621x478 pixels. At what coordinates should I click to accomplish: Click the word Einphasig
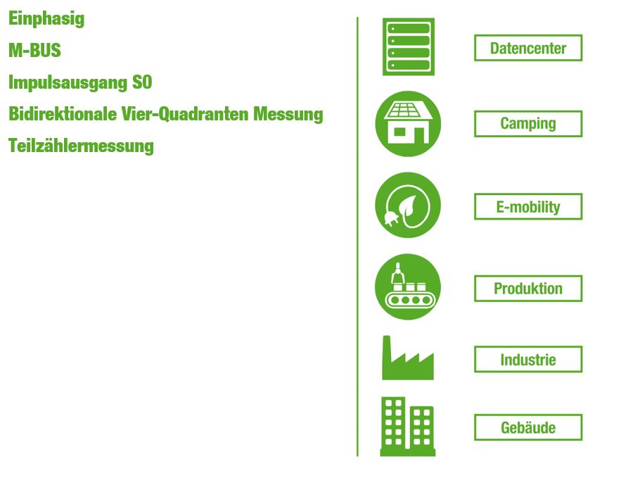point(46,19)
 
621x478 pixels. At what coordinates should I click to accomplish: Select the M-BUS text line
point(35,51)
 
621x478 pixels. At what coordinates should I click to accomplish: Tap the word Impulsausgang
point(68,83)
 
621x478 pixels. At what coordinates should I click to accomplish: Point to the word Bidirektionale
point(63,114)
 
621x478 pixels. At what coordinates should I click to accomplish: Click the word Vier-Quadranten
point(184,114)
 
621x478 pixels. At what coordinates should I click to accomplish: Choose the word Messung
point(288,115)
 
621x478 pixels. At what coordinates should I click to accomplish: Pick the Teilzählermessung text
point(81,146)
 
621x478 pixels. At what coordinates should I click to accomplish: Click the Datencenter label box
point(528,48)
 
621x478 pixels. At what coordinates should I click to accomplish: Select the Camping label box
point(528,124)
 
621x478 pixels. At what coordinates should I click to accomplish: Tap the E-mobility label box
point(528,206)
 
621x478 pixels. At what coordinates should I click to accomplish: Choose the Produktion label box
point(528,289)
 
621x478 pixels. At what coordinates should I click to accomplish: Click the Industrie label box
point(528,360)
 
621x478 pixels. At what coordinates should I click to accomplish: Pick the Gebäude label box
point(528,427)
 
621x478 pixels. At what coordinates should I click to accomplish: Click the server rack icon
point(409,46)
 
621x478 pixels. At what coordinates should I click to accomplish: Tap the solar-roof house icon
point(408,124)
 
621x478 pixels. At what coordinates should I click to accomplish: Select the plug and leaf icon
point(408,205)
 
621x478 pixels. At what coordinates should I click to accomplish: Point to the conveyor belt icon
point(408,287)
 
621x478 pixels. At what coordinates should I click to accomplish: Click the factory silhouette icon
point(408,358)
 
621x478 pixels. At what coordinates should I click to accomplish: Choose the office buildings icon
point(408,427)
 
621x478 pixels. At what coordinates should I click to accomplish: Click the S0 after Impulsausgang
point(142,82)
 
